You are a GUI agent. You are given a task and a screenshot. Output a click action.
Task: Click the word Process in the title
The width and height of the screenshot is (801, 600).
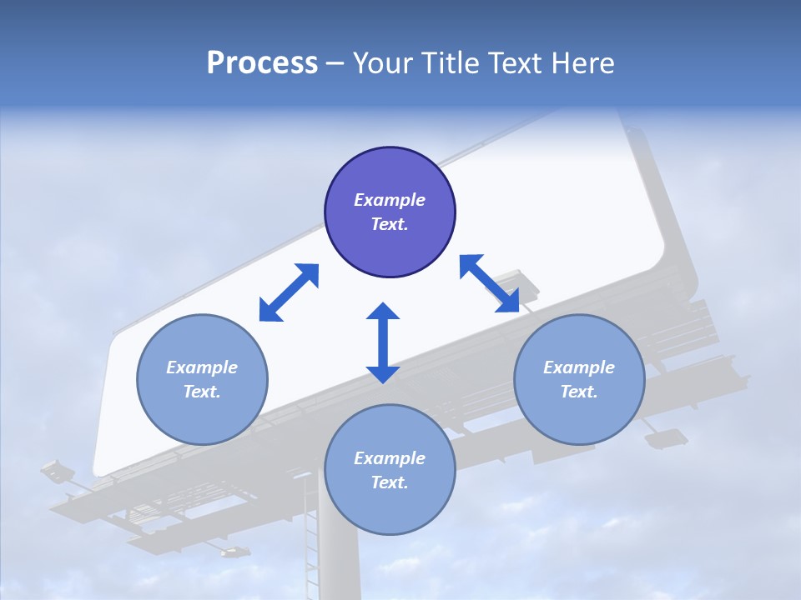click(x=262, y=63)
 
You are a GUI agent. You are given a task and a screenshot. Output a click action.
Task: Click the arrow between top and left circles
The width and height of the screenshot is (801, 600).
click(x=289, y=292)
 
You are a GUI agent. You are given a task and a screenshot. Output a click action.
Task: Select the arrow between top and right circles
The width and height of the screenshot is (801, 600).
click(x=490, y=283)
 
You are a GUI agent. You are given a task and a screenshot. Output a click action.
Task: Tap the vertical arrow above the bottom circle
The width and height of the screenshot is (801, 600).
click(x=383, y=342)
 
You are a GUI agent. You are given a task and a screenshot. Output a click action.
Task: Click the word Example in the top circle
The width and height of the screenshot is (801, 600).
click(x=390, y=200)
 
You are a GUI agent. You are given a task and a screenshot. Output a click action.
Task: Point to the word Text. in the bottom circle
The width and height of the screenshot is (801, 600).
click(x=390, y=482)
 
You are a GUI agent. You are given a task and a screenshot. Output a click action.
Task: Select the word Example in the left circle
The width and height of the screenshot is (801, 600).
click(x=202, y=367)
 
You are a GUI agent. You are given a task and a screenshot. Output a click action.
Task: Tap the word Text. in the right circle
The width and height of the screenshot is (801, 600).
click(x=579, y=392)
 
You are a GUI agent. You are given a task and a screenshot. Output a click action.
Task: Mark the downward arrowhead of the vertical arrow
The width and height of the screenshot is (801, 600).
click(x=383, y=372)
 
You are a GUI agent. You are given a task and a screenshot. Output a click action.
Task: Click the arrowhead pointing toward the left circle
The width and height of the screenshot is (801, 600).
click(x=270, y=311)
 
